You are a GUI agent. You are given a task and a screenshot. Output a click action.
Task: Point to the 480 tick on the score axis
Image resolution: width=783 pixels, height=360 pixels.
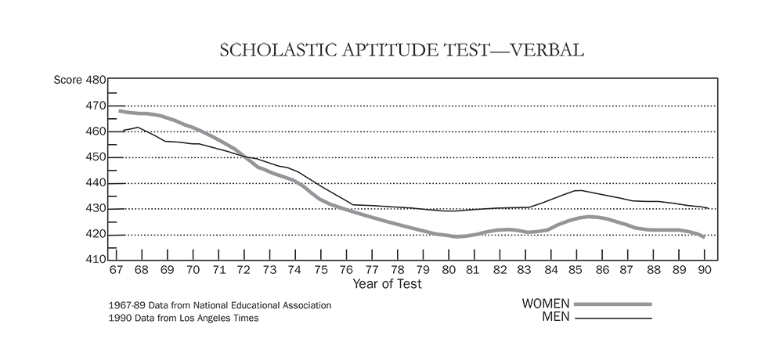pyautogui.click(x=96, y=80)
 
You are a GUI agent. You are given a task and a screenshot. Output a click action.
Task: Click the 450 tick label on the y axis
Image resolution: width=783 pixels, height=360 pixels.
pyautogui.click(x=96, y=157)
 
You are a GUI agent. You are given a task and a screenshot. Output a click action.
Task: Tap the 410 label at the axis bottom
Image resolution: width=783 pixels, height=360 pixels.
pyautogui.click(x=96, y=260)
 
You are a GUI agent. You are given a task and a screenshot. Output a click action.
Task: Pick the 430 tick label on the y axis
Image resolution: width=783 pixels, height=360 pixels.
pyautogui.click(x=96, y=209)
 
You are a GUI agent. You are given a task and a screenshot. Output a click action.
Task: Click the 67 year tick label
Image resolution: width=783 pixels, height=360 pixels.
pyautogui.click(x=116, y=270)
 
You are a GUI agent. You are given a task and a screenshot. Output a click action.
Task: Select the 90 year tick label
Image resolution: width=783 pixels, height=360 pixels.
pyautogui.click(x=705, y=270)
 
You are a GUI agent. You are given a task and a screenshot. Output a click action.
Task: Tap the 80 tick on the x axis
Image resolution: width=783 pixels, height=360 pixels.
pyautogui.click(x=449, y=270)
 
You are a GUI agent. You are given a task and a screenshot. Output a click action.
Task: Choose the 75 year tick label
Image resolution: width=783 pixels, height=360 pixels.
pyautogui.click(x=320, y=270)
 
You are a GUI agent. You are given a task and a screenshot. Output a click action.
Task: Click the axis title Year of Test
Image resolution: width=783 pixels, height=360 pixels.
pyautogui.click(x=387, y=284)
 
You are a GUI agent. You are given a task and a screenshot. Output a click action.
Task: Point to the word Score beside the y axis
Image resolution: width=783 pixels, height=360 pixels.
pyautogui.click(x=67, y=80)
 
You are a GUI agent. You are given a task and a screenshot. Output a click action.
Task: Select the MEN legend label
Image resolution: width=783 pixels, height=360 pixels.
pyautogui.click(x=557, y=318)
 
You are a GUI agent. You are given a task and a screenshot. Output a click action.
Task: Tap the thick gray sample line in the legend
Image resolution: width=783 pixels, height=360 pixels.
pyautogui.click(x=612, y=304)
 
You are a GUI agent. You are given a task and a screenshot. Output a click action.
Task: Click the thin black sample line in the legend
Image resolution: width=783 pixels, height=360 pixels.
pyautogui.click(x=612, y=318)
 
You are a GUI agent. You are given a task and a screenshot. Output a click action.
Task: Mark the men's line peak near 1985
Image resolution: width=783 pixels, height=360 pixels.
pyautogui.click(x=577, y=190)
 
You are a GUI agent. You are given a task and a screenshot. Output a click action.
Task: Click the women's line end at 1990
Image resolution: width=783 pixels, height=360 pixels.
pyautogui.click(x=704, y=236)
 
